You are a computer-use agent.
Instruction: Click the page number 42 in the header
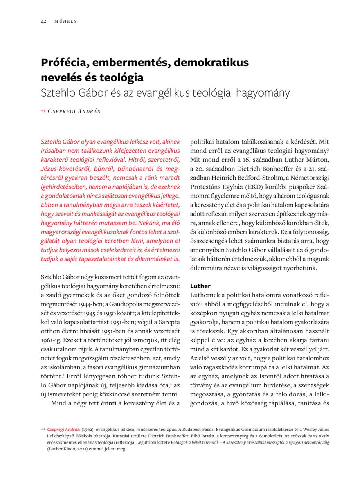point(43,21)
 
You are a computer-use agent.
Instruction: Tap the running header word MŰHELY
point(65,21)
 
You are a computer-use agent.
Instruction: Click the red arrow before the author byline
point(43,111)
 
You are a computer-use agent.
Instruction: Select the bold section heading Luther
point(200,285)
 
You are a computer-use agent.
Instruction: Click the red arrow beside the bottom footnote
point(43,429)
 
